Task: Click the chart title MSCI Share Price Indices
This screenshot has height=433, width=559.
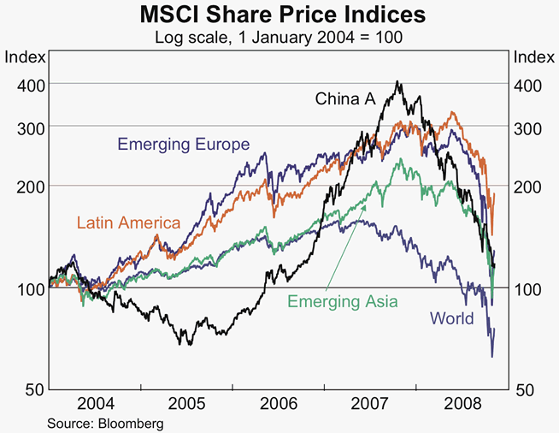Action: click(279, 16)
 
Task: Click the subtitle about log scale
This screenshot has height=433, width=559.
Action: click(279, 38)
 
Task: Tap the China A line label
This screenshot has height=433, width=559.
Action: click(345, 99)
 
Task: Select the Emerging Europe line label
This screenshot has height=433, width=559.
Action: click(184, 144)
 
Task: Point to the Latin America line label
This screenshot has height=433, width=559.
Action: click(128, 223)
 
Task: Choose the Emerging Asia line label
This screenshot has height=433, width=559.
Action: click(342, 301)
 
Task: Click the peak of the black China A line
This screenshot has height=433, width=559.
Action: click(397, 82)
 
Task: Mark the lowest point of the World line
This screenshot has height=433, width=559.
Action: click(491, 356)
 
